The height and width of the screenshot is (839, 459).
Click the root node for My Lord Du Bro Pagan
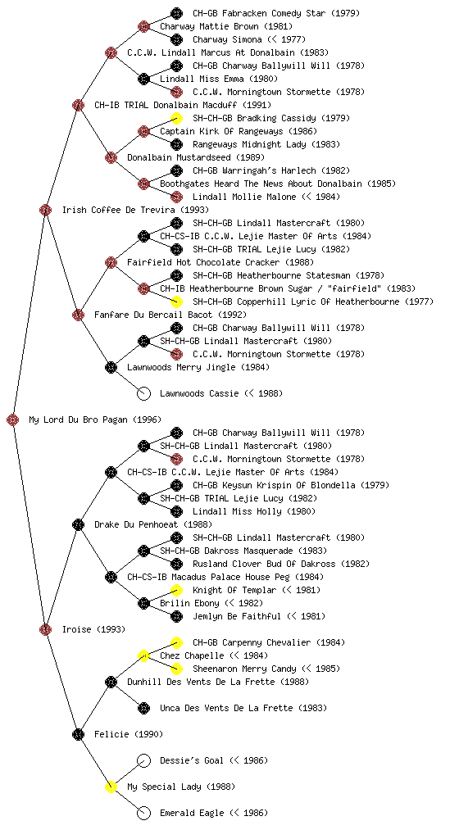pos(13,419)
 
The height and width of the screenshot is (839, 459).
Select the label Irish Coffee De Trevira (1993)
pos(135,210)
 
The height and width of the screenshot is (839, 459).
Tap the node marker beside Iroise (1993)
pos(45,629)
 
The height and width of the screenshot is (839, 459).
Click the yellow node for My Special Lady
pos(111,787)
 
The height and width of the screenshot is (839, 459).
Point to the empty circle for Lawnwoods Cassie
pos(143,393)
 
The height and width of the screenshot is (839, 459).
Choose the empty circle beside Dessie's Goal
pos(143,760)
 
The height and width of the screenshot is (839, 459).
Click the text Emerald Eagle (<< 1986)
pos(213,813)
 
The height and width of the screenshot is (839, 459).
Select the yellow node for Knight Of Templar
pos(176,590)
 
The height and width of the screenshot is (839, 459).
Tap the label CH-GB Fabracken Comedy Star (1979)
pos(276,13)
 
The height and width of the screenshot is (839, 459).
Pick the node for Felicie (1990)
pos(78,734)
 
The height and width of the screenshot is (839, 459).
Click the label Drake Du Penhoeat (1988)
pos(153,524)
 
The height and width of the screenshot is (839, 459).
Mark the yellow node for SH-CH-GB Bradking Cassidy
pos(176,118)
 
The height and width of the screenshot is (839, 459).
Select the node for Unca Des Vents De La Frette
pos(143,708)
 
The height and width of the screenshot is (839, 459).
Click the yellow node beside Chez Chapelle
pos(143,655)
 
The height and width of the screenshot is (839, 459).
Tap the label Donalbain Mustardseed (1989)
pos(196,157)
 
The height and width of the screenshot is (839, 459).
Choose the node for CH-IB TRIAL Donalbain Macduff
pos(78,105)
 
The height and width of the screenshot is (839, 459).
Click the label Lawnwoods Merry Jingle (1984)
pos(198,367)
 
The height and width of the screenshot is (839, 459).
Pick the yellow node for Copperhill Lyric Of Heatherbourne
pos(176,302)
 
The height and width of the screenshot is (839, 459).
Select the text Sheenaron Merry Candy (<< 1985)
pos(266,669)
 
